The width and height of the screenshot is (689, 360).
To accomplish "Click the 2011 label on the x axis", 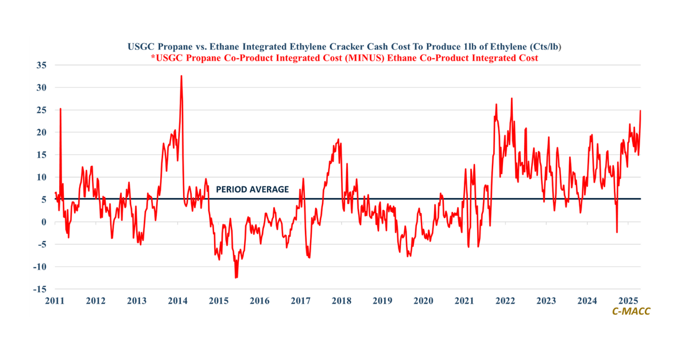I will (x=55, y=301).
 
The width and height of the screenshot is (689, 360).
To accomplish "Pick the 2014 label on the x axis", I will (x=177, y=301).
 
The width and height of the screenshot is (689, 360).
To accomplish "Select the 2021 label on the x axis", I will (x=464, y=301).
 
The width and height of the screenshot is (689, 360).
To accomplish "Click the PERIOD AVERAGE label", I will (x=252, y=189).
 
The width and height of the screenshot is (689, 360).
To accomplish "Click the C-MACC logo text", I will (x=631, y=311).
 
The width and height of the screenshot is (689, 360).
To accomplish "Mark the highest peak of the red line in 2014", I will (x=181, y=76).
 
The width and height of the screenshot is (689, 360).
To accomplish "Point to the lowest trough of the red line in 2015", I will (x=235, y=278).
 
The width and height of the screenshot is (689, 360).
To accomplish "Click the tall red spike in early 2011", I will (x=60, y=109).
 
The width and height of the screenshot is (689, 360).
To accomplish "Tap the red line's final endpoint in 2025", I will (x=640, y=110).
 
